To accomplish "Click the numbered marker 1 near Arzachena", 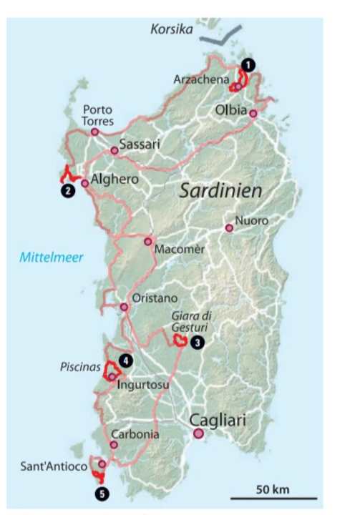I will pyautogui.click(x=247, y=64).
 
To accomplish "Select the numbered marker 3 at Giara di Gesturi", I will pyautogui.click(x=197, y=342).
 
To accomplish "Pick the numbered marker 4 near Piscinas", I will pyautogui.click(x=126, y=360).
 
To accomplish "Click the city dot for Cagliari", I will pyautogui.click(x=198, y=433).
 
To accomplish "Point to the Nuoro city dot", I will pyautogui.click(x=229, y=228).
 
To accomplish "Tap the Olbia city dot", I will pyautogui.click(x=253, y=113).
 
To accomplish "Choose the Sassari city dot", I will pyautogui.click(x=115, y=150).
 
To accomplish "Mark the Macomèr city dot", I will pyautogui.click(x=148, y=242).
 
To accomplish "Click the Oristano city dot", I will pyautogui.click(x=125, y=308).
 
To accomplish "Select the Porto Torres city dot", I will pyautogui.click(x=94, y=132).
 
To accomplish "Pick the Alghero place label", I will pyautogui.click(x=115, y=182).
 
